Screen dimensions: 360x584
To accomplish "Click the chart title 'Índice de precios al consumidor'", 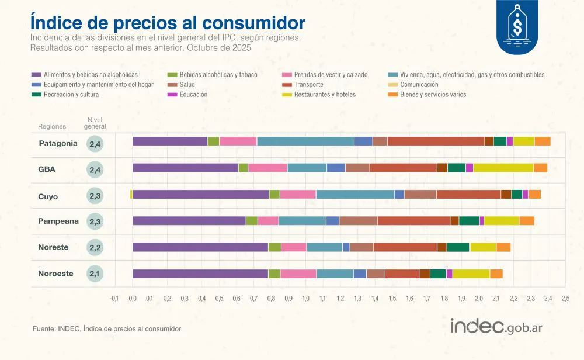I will coord(167,23).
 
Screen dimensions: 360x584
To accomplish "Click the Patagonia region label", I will coord(58,144).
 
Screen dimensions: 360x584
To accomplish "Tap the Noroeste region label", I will coord(55,274).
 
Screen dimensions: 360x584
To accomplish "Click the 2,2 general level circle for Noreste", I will coord(95,248).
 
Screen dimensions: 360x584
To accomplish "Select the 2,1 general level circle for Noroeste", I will coord(95,274).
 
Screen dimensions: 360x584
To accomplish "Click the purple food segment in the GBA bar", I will coord(185,168).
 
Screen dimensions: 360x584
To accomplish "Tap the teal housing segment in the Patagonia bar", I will coord(305,141).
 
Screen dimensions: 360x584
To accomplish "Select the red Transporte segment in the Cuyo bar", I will coord(468,194).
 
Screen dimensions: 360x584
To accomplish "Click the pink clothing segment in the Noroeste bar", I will coord(298,274).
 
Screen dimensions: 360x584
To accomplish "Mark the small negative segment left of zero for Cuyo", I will coord(131,194).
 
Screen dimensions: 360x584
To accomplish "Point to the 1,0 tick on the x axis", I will coord(305,299).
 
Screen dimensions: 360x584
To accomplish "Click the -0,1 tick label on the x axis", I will coord(114,299).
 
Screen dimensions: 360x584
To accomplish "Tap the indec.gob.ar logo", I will coord(496,327).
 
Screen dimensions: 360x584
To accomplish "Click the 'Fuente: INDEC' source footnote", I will coord(107,329).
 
